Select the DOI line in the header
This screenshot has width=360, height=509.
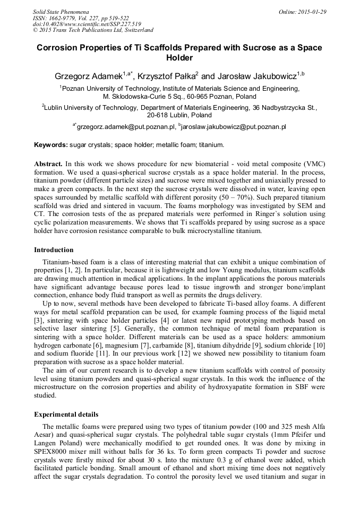[87, 24]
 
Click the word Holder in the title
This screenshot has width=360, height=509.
[179, 58]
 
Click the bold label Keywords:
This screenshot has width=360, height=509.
[51, 144]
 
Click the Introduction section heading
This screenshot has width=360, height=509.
[54, 249]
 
